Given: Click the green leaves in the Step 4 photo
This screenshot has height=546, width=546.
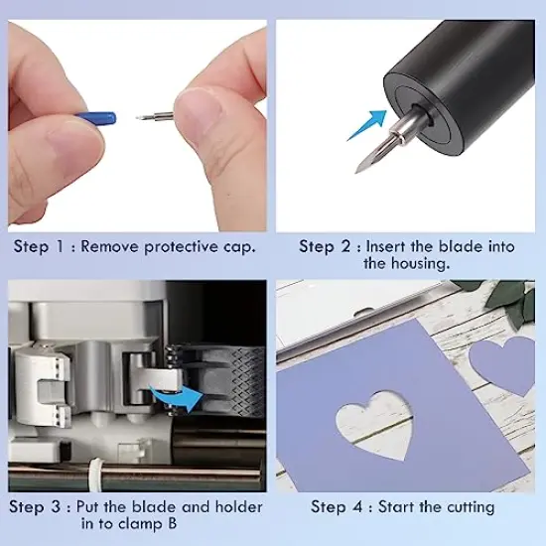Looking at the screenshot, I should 511,297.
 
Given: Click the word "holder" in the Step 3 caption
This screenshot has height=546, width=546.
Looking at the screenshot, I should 238,506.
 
